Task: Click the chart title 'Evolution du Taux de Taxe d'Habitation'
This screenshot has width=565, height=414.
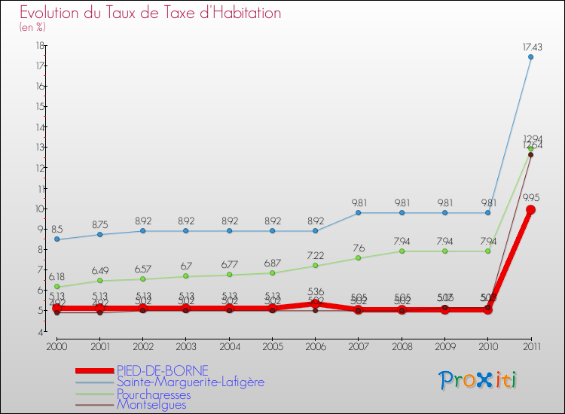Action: tap(150, 13)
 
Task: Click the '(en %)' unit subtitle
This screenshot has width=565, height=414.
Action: tap(32, 27)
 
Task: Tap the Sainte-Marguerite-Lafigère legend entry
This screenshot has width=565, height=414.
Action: tap(190, 382)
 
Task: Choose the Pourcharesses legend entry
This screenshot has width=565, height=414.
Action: tap(154, 394)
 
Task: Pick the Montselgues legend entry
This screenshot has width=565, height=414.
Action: tap(151, 405)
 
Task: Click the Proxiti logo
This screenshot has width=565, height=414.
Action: tap(478, 380)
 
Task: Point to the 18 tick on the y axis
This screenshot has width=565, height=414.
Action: tap(38, 45)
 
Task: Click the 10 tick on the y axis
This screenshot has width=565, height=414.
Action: tap(38, 209)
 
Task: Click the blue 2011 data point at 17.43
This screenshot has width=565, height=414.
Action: tap(530, 56)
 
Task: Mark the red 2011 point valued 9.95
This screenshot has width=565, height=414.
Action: tap(530, 210)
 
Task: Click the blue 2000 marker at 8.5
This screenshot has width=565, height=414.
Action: tap(56, 239)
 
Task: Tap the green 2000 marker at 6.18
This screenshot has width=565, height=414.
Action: tap(56, 287)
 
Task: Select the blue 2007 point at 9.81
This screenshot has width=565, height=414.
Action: tap(358, 212)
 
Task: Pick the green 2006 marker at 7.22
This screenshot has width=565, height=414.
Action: tap(315, 266)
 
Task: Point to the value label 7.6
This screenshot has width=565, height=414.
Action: tap(358, 248)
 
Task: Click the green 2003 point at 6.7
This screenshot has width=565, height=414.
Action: tap(186, 276)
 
